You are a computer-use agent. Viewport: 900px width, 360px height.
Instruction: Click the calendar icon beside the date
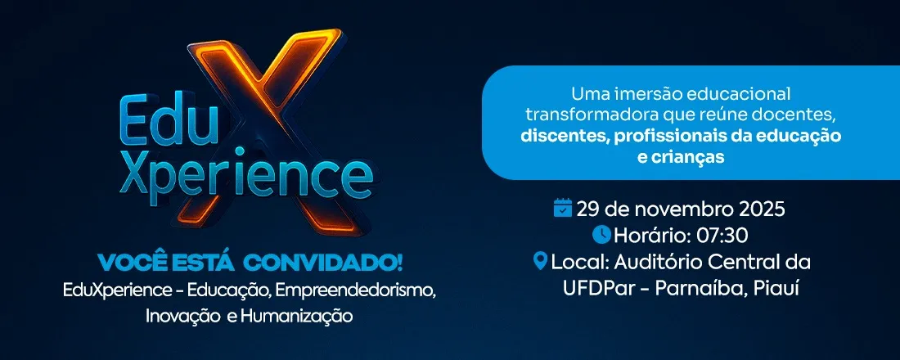coord(563,208)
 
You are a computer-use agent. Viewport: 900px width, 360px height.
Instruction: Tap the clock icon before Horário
coord(601,235)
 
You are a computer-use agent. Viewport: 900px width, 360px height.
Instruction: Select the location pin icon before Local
coord(540,262)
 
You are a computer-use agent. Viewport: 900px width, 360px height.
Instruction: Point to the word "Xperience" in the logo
coord(245,173)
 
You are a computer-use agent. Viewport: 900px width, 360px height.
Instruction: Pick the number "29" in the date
coord(588,209)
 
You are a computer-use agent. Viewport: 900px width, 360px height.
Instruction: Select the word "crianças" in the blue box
coord(690,158)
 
